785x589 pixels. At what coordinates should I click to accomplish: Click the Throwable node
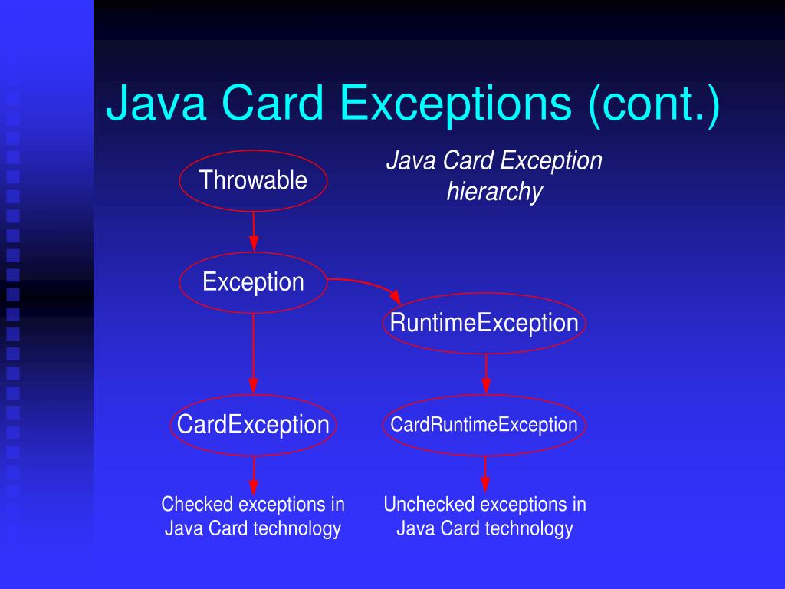[253, 181]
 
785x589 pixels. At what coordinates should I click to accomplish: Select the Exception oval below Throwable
[253, 282]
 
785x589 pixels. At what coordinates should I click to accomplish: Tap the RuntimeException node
[484, 323]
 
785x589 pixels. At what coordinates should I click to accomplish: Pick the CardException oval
[253, 424]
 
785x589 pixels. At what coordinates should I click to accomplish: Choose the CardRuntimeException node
[484, 424]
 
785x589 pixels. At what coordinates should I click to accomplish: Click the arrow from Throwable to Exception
[254, 232]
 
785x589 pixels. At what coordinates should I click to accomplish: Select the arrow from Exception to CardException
[254, 353]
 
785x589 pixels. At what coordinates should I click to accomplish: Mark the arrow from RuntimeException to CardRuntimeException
[484, 373]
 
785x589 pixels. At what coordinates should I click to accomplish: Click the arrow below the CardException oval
[254, 475]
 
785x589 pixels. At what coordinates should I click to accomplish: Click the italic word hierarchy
[494, 192]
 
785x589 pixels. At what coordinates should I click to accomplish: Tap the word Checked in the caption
[197, 505]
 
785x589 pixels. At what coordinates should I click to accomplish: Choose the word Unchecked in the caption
[429, 505]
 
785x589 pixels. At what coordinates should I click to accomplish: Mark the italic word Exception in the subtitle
[552, 161]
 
